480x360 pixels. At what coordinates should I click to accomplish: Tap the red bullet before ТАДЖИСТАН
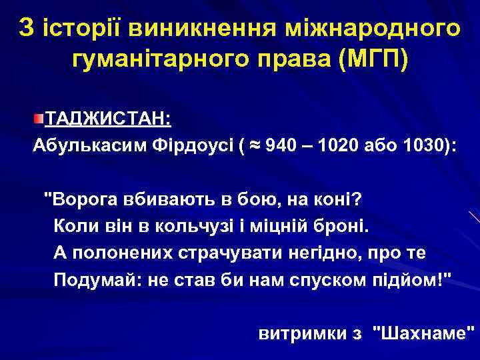(39, 119)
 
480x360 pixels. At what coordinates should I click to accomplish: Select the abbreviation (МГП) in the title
(375, 59)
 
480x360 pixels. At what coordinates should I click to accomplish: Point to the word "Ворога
(79, 199)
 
